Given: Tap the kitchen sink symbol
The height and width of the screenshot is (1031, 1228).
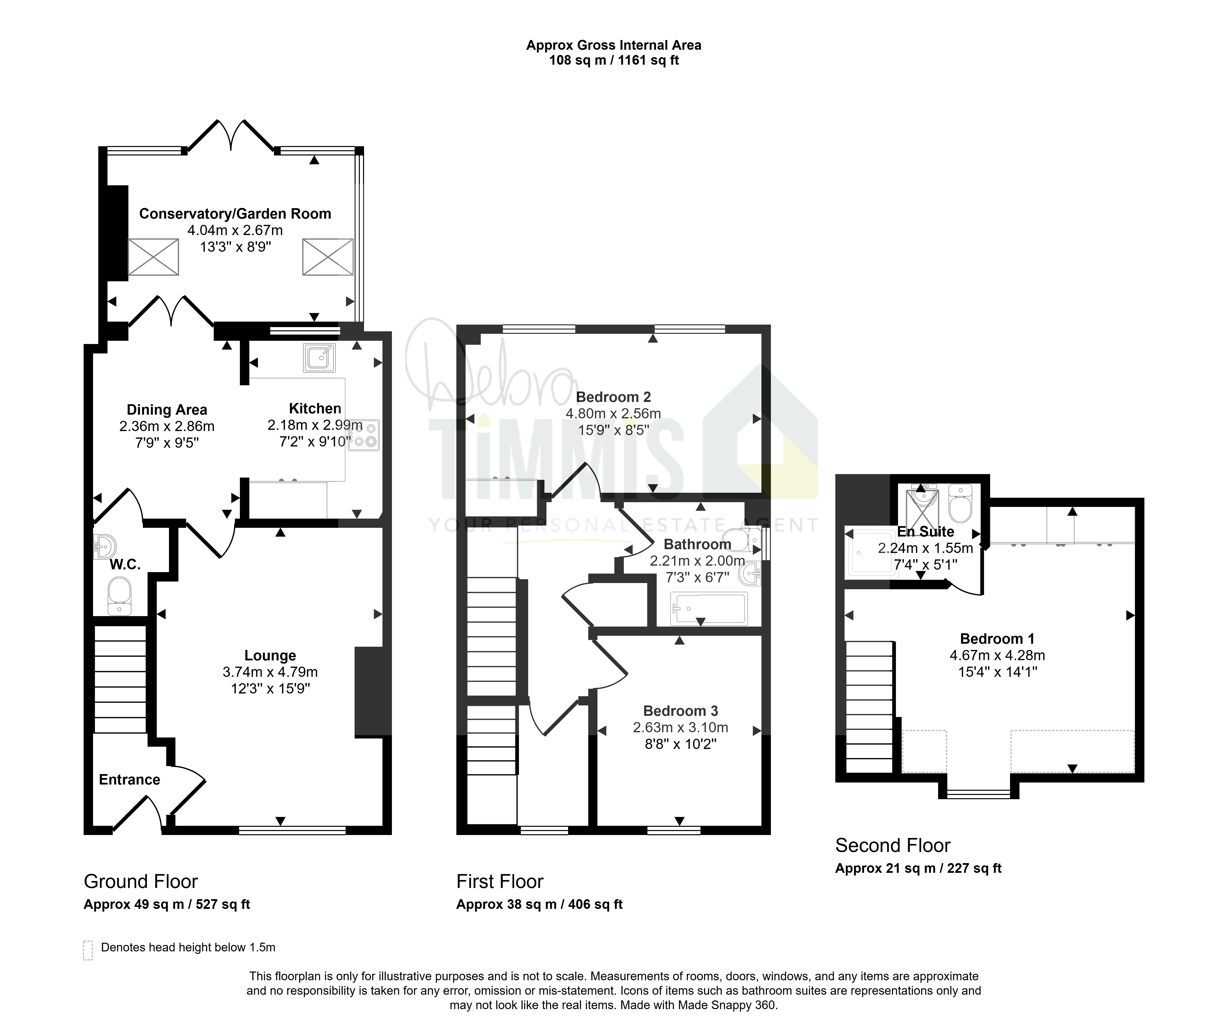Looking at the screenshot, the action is click(319, 358).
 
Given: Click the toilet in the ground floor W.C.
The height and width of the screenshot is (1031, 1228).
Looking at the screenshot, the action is click(120, 596).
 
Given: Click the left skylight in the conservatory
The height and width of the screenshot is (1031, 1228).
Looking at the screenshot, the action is click(153, 257).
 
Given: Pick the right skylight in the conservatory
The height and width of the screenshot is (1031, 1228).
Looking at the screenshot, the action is click(327, 257).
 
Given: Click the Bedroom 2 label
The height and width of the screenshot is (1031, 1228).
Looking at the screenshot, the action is click(613, 397).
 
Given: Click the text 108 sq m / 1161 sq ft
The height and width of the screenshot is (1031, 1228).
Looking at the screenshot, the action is click(614, 60).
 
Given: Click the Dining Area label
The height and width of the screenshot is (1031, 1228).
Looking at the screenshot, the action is click(167, 410).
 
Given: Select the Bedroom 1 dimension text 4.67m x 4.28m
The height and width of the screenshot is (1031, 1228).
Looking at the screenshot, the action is click(998, 655).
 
